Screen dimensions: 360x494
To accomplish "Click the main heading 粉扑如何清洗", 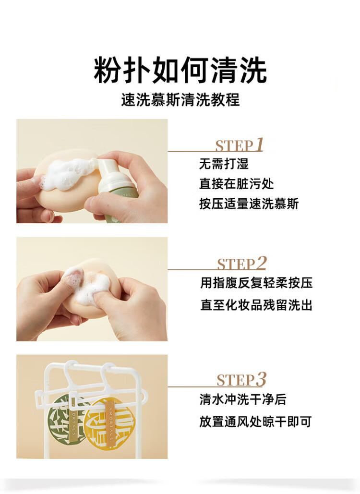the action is click(180, 70).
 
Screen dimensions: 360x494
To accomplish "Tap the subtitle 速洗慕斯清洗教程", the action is click(180, 99).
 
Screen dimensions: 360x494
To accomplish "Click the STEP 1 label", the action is click(239, 145).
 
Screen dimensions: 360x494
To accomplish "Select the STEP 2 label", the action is click(242, 264).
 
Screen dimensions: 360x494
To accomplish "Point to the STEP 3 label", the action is click(241, 379).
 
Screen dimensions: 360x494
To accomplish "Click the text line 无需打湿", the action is click(224, 164).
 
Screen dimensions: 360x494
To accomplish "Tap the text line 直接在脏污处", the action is click(236, 184).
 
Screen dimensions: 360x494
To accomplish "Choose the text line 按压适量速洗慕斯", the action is click(249, 204).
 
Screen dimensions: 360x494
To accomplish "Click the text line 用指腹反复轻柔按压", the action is click(256, 283).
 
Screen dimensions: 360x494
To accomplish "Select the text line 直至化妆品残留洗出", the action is click(256, 305).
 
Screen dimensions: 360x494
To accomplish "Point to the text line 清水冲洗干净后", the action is click(242, 399).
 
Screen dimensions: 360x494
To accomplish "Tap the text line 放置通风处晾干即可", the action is click(255, 422).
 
